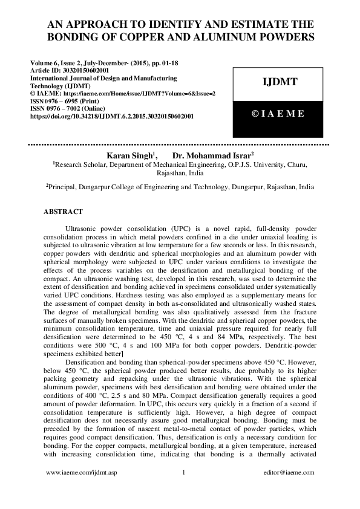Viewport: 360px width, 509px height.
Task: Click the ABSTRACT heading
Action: pyautogui.click(x=67, y=212)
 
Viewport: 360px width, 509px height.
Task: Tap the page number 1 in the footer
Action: pyautogui.click(x=183, y=472)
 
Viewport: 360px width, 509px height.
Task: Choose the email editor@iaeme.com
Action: pyautogui.click(x=286, y=472)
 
